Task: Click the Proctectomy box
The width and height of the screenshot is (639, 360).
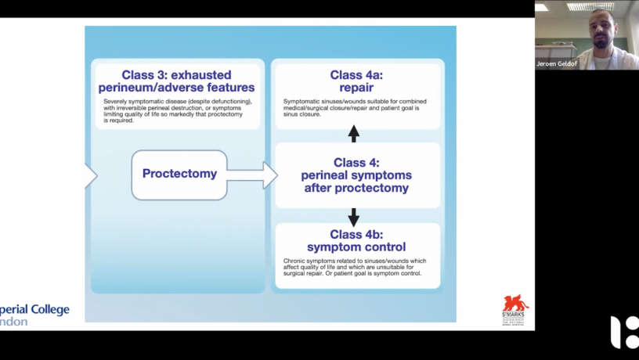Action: pos(179,174)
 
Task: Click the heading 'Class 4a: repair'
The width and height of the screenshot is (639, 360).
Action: pos(356,81)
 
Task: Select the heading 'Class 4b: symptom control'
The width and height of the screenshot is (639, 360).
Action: pos(356,240)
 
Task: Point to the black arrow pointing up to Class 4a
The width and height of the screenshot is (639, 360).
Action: pos(353,133)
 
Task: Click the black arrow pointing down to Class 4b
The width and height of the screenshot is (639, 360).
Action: pos(353,217)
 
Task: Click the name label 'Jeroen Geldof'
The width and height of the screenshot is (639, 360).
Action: pos(557,63)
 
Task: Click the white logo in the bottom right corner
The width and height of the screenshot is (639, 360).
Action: pos(624,332)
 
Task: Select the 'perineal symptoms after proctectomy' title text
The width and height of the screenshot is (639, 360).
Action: pos(356,182)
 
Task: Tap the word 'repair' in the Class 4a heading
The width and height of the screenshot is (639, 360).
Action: pos(356,88)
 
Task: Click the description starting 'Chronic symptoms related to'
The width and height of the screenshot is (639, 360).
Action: pos(353,267)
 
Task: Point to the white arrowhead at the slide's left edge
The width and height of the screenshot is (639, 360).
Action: pos(90,175)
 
